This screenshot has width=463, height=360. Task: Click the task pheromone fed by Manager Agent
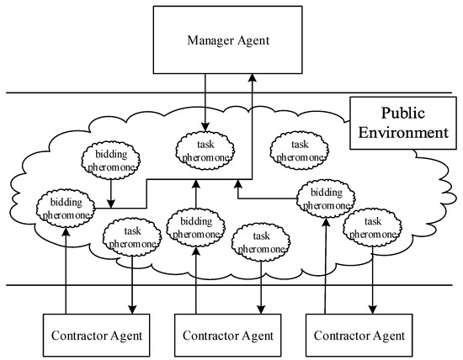205,149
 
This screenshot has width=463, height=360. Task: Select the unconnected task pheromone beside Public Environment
295,150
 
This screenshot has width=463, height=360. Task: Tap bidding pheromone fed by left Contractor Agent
64,208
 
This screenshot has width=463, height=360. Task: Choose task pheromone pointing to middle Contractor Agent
262,241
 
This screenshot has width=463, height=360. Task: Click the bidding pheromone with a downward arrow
111,165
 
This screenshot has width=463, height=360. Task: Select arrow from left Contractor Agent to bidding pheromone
65,269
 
